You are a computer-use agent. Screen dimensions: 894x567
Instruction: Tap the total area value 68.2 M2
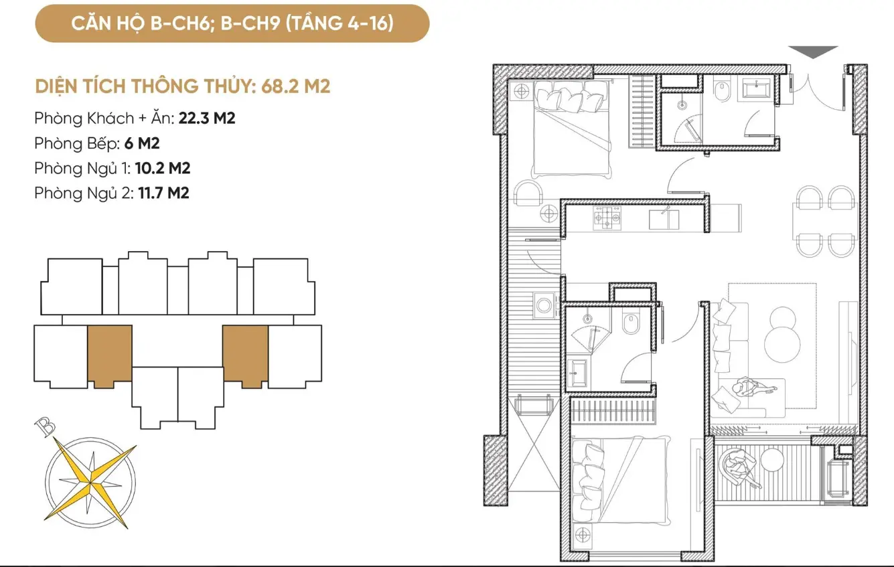(x=296, y=86)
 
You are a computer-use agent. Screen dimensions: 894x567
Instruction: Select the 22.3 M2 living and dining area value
(x=207, y=118)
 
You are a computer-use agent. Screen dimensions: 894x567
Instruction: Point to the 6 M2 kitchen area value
(x=142, y=143)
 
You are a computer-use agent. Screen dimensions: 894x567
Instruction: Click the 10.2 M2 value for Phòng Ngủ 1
(x=163, y=168)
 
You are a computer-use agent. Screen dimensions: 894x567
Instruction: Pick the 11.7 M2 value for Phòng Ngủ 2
(x=163, y=193)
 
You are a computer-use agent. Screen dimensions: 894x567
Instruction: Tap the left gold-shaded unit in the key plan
(x=110, y=355)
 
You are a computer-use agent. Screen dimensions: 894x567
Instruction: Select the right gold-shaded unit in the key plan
(x=246, y=355)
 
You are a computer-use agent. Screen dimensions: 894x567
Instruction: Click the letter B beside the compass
(x=45, y=426)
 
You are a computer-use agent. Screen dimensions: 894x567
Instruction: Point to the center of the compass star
(x=90, y=483)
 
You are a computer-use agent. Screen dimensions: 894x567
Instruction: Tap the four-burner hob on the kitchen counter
(x=607, y=218)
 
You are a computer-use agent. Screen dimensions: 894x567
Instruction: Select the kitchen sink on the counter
(x=664, y=219)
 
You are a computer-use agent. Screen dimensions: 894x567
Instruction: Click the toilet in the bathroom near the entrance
(x=722, y=91)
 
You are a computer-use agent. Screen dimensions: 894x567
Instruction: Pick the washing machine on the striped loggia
(x=544, y=305)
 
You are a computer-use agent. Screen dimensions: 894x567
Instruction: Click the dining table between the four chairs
(x=824, y=222)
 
